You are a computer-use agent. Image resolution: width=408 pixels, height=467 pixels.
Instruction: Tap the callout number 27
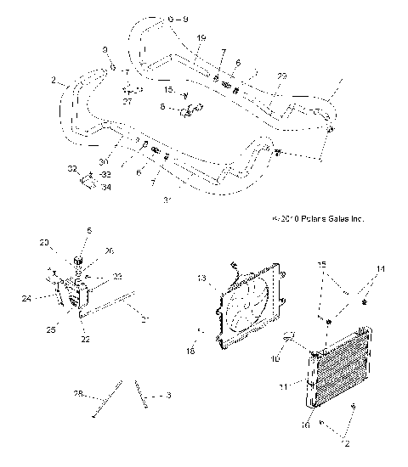click(x=128, y=101)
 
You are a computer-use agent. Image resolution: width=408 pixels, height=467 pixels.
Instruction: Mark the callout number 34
click(x=105, y=188)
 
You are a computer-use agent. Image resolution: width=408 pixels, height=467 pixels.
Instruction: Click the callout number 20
click(x=44, y=243)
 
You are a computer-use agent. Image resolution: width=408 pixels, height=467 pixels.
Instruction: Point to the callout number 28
click(x=78, y=395)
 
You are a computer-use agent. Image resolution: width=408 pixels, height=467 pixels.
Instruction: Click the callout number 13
click(x=202, y=278)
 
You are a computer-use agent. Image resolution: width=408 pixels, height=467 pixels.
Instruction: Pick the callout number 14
click(x=381, y=269)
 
